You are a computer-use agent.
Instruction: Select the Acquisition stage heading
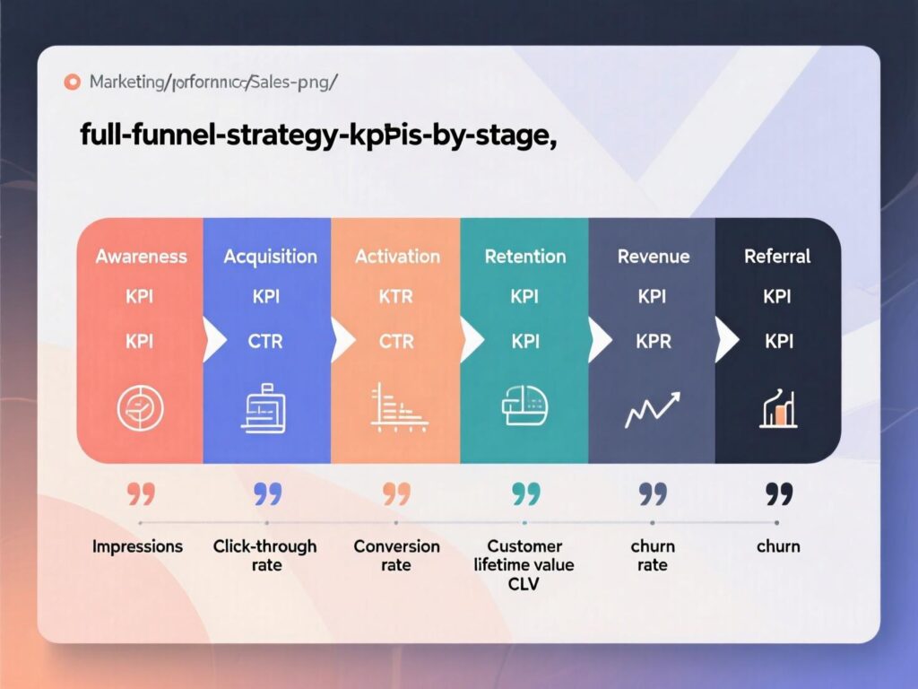click(x=270, y=257)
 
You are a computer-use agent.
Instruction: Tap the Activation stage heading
click(x=397, y=257)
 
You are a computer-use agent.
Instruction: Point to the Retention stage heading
click(x=525, y=257)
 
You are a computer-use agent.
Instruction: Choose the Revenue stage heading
click(x=652, y=257)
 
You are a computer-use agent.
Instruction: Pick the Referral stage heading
click(x=777, y=257)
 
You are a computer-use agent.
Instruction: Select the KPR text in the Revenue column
click(x=652, y=341)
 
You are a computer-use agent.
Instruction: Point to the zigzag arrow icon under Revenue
click(x=652, y=409)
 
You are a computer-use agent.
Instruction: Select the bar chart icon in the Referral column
click(x=777, y=409)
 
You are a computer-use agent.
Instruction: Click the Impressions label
click(x=137, y=546)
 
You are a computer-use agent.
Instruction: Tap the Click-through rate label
click(x=265, y=555)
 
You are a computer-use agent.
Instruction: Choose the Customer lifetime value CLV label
click(x=525, y=565)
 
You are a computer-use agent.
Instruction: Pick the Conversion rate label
click(x=396, y=555)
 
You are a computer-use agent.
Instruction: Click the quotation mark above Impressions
click(x=140, y=493)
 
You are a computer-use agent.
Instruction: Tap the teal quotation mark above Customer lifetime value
click(x=525, y=493)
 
